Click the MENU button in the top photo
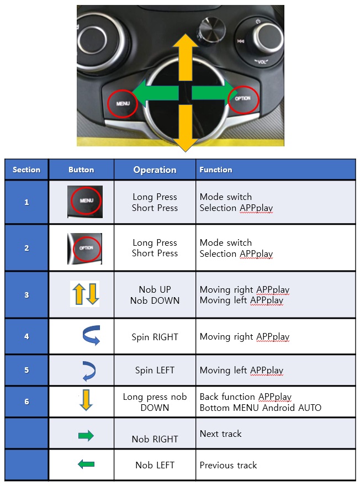coord(123,103)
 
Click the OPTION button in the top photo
coord(242,99)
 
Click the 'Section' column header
coord(27,170)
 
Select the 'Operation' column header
coord(155,170)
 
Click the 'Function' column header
coord(216,170)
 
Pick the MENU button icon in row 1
coord(85,202)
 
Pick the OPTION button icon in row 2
coord(85,248)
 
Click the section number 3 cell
coord(27,295)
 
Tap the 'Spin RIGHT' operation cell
coord(155,337)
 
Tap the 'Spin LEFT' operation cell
coord(155,371)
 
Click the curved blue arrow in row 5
coord(88,371)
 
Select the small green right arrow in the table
coord(86,436)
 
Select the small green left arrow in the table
coord(86,464)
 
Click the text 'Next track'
coord(220,434)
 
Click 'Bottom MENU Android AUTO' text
coord(260,408)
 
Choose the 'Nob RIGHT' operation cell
coord(155,439)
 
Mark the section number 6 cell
coord(27,402)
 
